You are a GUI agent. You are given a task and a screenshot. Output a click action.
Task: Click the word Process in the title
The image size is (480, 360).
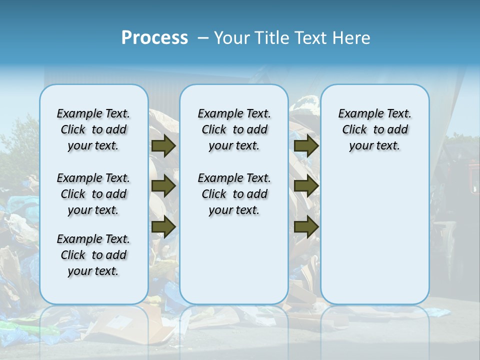154,38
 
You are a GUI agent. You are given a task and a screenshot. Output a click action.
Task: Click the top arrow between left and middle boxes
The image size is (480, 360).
163,145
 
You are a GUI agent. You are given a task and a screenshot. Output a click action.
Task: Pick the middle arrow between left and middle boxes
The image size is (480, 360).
163,186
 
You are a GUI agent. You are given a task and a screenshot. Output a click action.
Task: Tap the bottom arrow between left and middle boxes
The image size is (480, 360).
163,227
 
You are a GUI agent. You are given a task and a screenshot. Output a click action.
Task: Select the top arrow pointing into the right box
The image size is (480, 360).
306,145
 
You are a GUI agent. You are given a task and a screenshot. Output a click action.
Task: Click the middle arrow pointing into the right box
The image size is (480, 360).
306,186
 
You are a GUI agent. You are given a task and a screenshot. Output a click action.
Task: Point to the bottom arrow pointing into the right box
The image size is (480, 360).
306,227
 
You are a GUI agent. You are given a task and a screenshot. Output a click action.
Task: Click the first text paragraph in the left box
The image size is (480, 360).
93,129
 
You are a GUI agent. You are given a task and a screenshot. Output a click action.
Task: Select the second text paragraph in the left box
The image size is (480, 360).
93,194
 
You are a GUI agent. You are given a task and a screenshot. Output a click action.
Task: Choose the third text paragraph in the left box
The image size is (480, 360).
93,255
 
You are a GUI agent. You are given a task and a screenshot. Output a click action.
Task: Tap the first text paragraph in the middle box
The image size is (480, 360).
234,129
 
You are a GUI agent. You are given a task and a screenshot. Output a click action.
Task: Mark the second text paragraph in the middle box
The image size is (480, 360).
234,194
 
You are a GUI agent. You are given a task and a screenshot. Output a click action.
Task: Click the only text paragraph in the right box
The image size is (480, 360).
374,129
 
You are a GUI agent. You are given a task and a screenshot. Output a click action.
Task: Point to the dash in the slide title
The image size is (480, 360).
203,38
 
